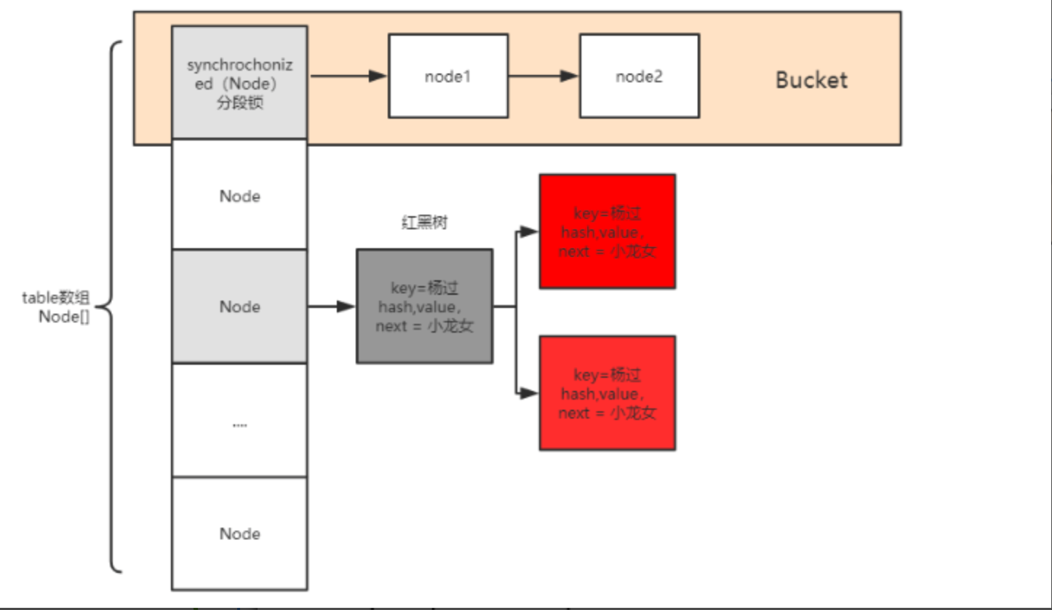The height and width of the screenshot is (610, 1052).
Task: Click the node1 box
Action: tap(447, 76)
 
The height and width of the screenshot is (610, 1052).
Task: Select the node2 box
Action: tap(639, 76)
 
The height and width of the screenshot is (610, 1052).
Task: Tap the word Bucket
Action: tap(811, 79)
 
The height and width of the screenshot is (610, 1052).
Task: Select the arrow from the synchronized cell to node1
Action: tap(348, 76)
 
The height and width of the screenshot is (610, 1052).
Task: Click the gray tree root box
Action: tap(424, 306)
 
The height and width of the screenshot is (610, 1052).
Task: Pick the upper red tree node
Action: tap(607, 231)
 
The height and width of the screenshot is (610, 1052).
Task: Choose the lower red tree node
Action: tap(607, 393)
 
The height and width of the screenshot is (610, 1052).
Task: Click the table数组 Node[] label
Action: tap(57, 306)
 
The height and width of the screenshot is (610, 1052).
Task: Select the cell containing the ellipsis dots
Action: tap(239, 420)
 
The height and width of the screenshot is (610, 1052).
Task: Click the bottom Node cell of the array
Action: tap(239, 534)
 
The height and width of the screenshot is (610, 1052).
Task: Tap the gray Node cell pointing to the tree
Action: tap(239, 306)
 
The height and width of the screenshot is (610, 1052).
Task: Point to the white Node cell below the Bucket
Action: tap(239, 196)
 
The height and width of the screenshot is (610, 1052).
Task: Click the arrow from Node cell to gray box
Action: tap(332, 306)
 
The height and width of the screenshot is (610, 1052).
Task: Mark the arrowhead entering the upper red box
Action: tap(530, 232)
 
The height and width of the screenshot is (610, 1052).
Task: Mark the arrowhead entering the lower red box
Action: tap(530, 393)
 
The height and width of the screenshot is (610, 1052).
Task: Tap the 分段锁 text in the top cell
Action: tap(239, 103)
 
